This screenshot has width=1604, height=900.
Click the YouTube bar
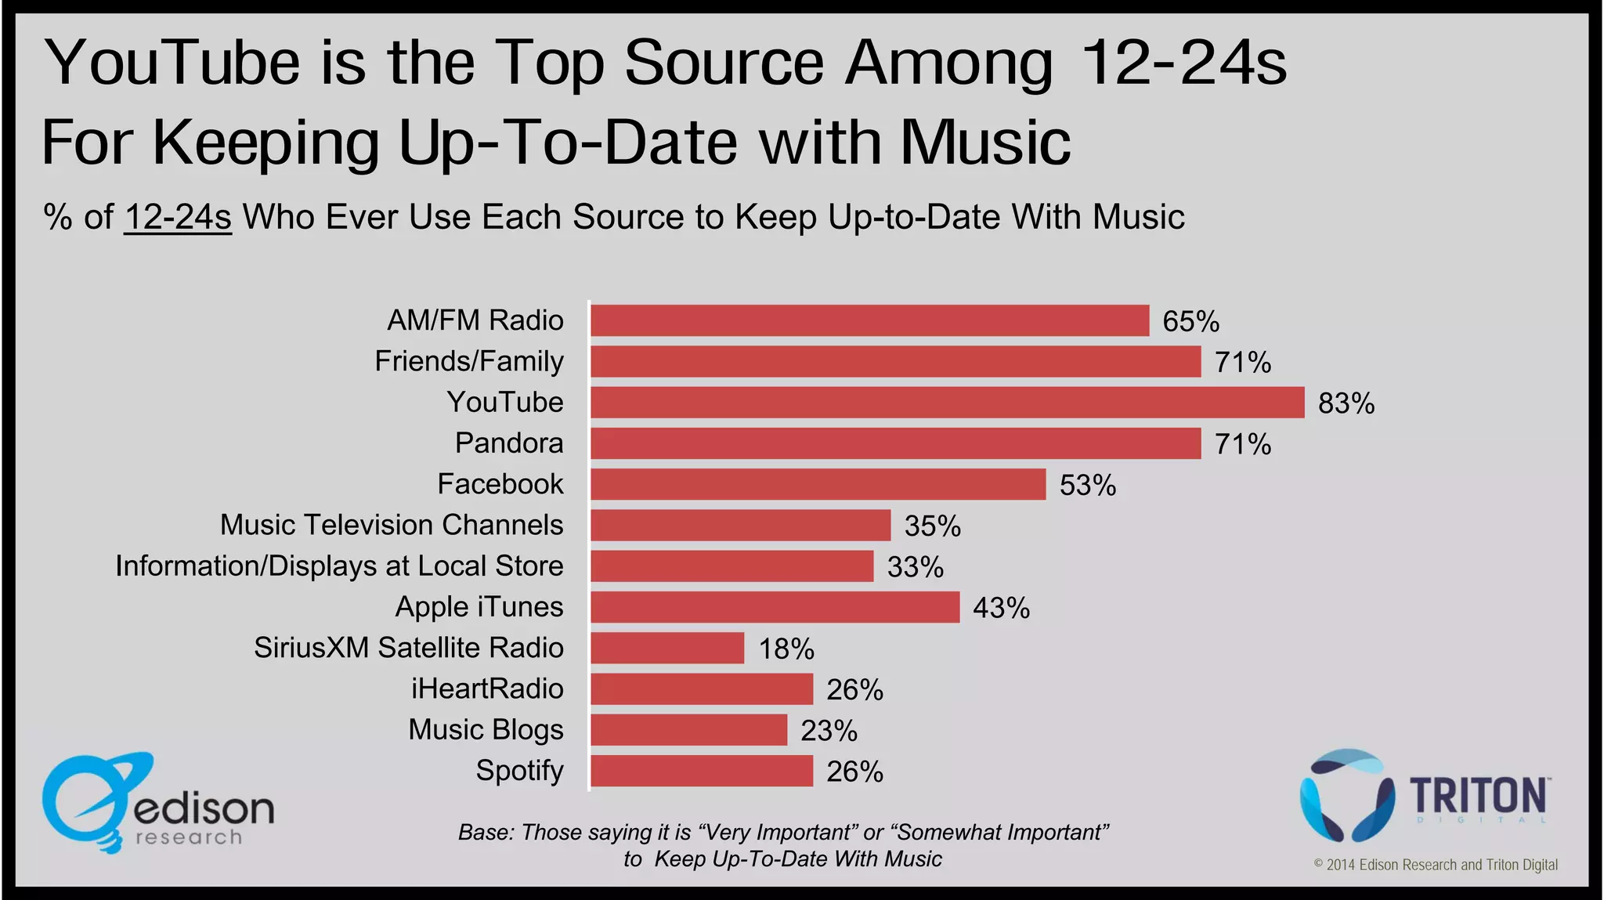coord(947,403)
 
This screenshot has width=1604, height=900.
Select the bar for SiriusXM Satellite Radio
coord(667,648)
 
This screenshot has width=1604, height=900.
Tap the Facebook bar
coord(818,484)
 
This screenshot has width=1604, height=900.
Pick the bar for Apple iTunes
coord(775,607)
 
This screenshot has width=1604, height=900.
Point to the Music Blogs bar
coord(688,730)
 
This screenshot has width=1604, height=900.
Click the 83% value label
coord(1346,403)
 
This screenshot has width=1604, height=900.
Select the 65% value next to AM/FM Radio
coord(1190,321)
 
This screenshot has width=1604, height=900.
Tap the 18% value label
coord(786,649)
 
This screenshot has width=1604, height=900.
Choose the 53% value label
coord(1087,485)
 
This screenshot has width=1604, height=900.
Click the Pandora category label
coord(509,443)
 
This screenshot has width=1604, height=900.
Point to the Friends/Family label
coord(468,361)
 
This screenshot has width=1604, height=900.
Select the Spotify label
coord(519,771)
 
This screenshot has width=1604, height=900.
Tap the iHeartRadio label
coord(487,689)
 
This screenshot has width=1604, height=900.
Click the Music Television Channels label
coord(391,525)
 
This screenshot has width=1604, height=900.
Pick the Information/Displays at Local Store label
coord(339,566)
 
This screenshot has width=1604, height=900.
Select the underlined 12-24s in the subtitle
coord(178,217)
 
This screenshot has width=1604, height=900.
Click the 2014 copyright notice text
coord(1435,865)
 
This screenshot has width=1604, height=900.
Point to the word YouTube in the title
coord(172,63)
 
